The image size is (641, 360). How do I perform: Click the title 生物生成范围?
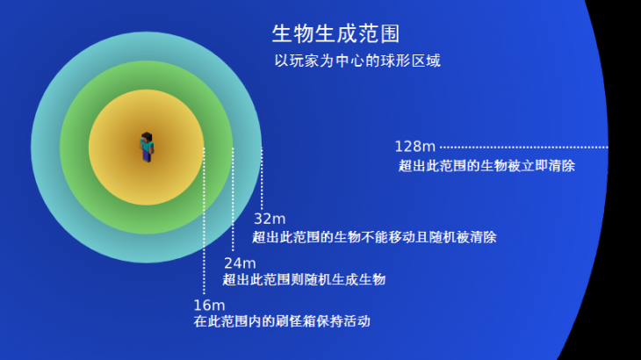click(x=335, y=33)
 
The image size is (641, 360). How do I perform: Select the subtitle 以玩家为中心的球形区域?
click(x=357, y=61)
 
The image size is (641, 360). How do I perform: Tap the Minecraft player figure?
click(x=147, y=148)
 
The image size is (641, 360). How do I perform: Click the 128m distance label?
click(x=415, y=147)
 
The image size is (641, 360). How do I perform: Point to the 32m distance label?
click(x=270, y=219)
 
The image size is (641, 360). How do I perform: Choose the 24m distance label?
click(x=240, y=263)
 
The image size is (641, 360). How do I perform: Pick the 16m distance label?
click(x=209, y=306)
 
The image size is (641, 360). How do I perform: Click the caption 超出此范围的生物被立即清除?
click(x=486, y=166)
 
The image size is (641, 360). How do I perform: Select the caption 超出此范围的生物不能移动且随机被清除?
click(x=374, y=237)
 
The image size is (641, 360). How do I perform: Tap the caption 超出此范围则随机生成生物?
click(x=304, y=279)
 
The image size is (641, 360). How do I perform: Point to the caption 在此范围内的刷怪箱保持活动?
click(x=282, y=321)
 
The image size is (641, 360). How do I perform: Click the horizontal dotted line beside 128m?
click(x=524, y=148)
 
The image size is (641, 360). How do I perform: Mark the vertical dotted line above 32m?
click(x=262, y=179)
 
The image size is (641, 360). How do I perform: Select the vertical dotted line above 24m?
click(x=233, y=199)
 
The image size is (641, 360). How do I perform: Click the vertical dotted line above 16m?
click(x=204, y=220)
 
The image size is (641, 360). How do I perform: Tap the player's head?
click(x=147, y=137)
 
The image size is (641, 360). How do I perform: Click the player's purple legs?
click(x=147, y=156)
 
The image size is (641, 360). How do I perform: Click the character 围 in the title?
click(x=390, y=33)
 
